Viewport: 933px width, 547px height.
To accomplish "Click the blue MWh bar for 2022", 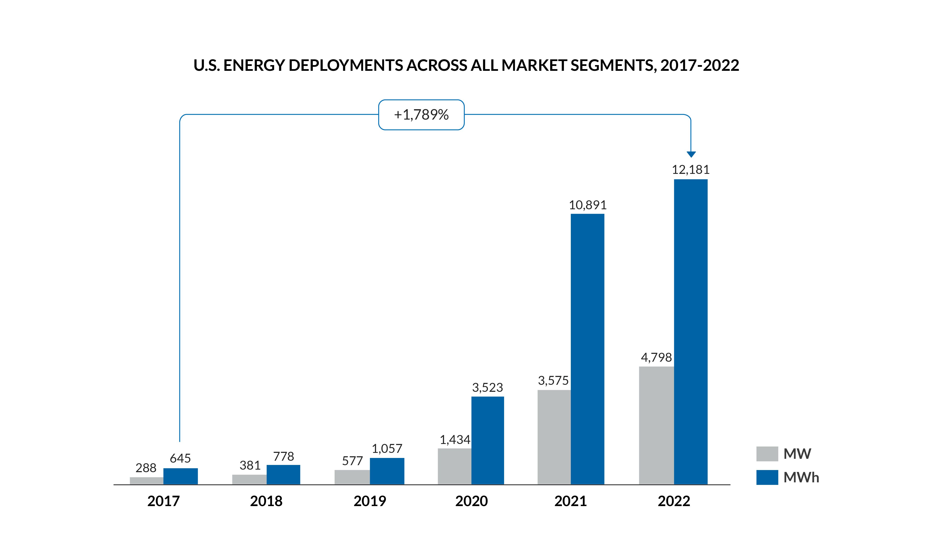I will pyautogui.click(x=690, y=332).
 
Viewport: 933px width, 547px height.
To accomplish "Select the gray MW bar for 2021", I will pyautogui.click(x=554, y=437).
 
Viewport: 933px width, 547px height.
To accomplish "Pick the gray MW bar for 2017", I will pyautogui.click(x=147, y=481).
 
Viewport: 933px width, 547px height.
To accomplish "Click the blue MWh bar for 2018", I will pyautogui.click(x=283, y=475).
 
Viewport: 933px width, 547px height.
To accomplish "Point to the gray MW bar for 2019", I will pyautogui.click(x=352, y=477).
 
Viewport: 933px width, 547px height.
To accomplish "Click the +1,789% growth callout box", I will pyautogui.click(x=421, y=115).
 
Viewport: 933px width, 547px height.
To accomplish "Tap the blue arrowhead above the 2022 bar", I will pyautogui.click(x=691, y=154).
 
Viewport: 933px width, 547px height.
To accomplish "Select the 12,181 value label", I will pyautogui.click(x=690, y=170).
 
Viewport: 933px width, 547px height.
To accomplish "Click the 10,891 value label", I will pyautogui.click(x=588, y=205).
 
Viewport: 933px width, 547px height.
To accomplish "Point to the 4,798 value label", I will pyautogui.click(x=656, y=358).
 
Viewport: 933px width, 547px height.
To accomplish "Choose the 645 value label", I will pyautogui.click(x=180, y=458).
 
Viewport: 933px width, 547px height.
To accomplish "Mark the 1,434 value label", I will pyautogui.click(x=455, y=440).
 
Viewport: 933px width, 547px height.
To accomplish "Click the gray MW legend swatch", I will pyautogui.click(x=767, y=454).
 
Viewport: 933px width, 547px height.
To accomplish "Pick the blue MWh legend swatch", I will pyautogui.click(x=767, y=477).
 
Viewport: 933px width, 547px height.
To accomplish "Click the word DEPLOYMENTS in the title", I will pyautogui.click(x=346, y=66).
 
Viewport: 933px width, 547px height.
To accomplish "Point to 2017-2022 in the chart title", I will pyautogui.click(x=699, y=66).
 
